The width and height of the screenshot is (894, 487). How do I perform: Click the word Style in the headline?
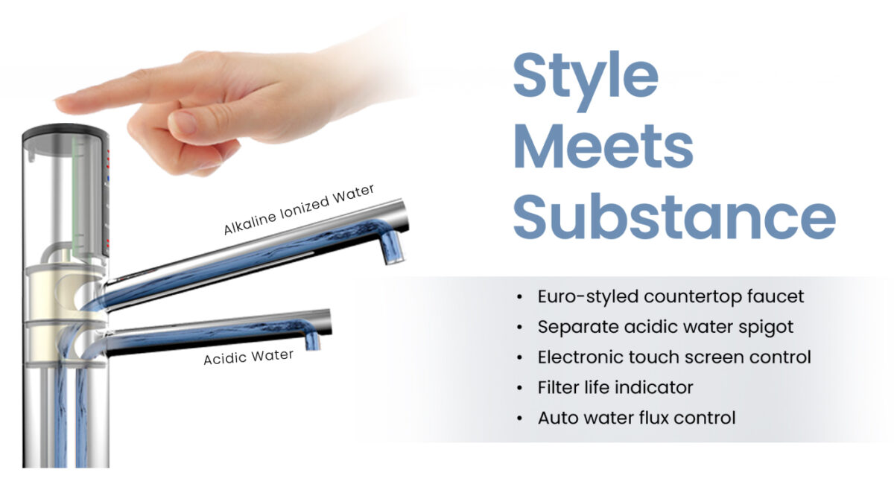pos(586,80)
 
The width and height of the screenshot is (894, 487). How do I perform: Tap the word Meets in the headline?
pos(603,147)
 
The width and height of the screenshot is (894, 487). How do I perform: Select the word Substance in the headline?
pos(674,217)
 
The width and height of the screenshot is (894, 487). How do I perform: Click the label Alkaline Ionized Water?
pos(299,209)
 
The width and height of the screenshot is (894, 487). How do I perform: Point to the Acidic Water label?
pos(249,357)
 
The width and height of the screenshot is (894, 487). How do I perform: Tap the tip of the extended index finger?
pos(57,104)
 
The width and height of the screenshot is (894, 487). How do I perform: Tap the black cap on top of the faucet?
pos(66,132)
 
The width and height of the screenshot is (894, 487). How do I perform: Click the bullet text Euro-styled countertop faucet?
pos(670,297)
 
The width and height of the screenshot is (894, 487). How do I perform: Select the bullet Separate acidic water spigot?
pos(665,327)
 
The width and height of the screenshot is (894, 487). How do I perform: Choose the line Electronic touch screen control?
pos(674,357)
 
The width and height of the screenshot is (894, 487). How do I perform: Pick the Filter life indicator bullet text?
pos(615,387)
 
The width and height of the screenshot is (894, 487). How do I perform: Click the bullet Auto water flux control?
pos(636,418)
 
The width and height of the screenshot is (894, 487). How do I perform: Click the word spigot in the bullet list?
pos(766,328)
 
